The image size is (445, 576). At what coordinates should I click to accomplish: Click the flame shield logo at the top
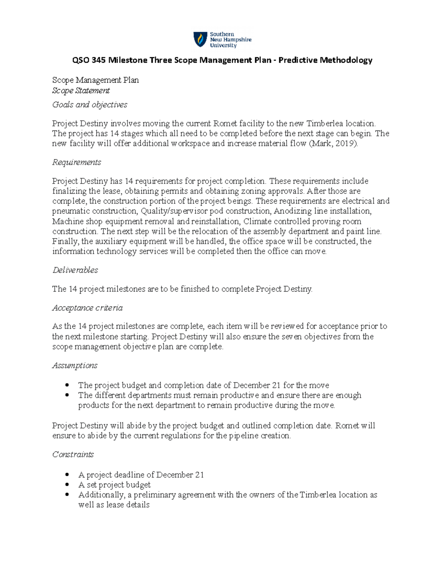click(200, 39)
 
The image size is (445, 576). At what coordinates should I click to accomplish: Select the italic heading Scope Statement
click(81, 90)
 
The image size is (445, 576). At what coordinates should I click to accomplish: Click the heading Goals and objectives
click(90, 105)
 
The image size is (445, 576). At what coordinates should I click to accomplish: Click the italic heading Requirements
click(77, 162)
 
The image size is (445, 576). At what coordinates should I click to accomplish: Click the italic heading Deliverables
click(75, 270)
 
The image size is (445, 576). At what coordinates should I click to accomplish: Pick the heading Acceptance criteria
click(88, 308)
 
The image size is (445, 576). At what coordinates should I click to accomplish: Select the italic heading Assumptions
click(75, 365)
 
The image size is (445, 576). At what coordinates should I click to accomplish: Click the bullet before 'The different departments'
click(67, 395)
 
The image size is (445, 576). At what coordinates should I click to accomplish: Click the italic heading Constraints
click(73, 454)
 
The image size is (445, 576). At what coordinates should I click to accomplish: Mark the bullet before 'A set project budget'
click(67, 485)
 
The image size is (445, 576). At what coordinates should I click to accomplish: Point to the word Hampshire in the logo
click(236, 40)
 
